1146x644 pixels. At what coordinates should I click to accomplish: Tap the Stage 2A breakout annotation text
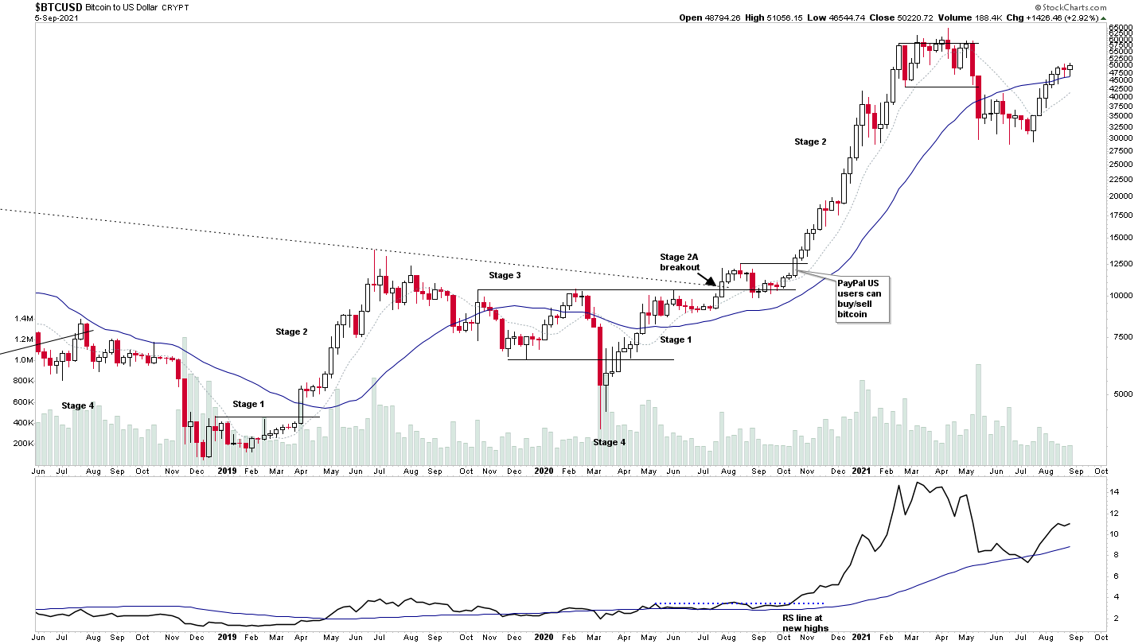679,262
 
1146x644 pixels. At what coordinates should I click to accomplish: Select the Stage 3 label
505,275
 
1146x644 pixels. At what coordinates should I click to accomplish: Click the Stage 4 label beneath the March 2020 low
610,442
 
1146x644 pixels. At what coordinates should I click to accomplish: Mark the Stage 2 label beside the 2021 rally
810,142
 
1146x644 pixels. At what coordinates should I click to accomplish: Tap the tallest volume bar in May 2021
979,414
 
